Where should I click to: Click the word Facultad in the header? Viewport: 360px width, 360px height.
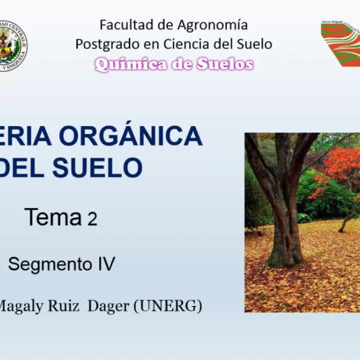[x=122, y=25]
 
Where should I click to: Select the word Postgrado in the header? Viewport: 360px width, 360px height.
[x=104, y=44]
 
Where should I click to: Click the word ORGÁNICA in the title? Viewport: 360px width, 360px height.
[x=140, y=135]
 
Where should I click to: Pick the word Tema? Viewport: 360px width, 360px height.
[x=53, y=217]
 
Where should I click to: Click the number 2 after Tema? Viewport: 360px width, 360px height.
[x=92, y=219]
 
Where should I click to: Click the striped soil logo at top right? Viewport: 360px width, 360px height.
[x=341, y=43]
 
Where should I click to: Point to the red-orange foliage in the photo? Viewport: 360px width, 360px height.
[x=338, y=169]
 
